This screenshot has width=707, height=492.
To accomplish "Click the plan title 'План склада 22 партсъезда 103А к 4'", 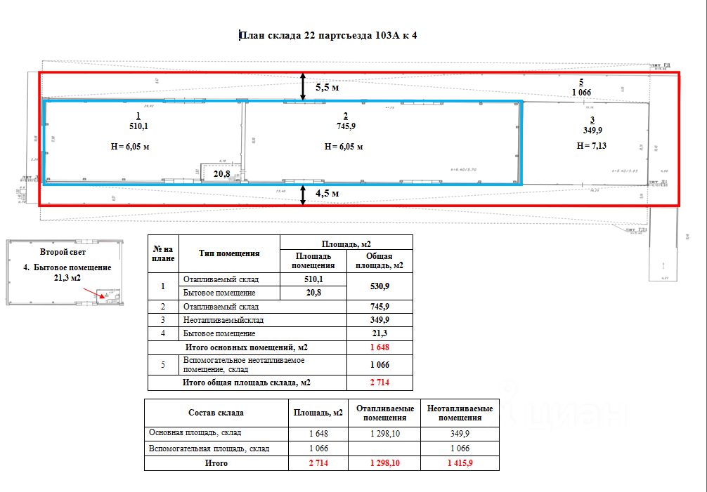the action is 329,35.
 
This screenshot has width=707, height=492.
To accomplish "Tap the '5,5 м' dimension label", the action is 327,88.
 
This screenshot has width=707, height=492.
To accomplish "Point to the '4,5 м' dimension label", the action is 327,193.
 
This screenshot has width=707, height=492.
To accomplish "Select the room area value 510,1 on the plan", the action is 138,126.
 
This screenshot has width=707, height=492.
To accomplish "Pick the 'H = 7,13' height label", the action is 590,145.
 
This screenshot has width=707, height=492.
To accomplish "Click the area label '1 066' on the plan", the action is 582,92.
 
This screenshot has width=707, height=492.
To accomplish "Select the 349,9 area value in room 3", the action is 592,130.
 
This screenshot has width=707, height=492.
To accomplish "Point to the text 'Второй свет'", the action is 63,251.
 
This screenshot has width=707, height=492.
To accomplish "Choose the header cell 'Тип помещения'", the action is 229,253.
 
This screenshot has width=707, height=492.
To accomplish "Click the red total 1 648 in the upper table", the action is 380,347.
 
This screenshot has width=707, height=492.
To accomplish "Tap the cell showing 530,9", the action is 380,285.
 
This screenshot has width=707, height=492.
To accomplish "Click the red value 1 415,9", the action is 460,463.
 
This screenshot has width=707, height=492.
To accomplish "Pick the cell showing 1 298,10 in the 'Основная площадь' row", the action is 384,434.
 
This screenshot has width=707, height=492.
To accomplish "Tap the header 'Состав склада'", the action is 216,412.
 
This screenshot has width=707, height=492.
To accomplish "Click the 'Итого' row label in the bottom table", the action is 216,463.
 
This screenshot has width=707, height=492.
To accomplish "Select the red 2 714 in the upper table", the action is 380,383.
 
